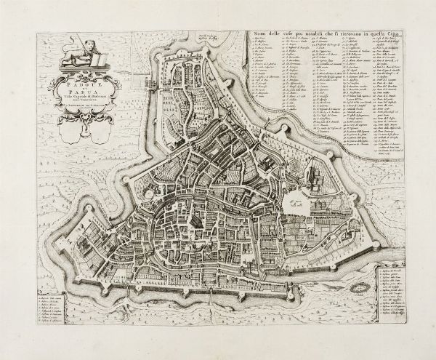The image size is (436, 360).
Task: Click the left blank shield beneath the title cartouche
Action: click(73, 130)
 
